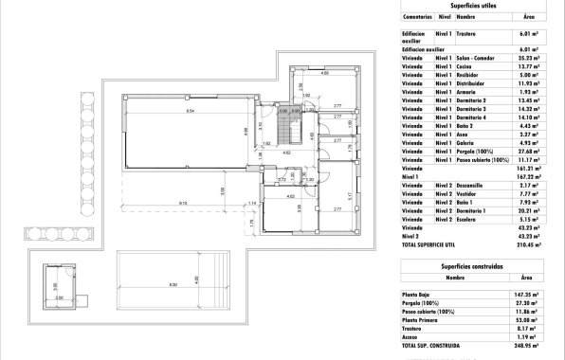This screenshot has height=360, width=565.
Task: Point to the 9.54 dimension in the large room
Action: (190, 111)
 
